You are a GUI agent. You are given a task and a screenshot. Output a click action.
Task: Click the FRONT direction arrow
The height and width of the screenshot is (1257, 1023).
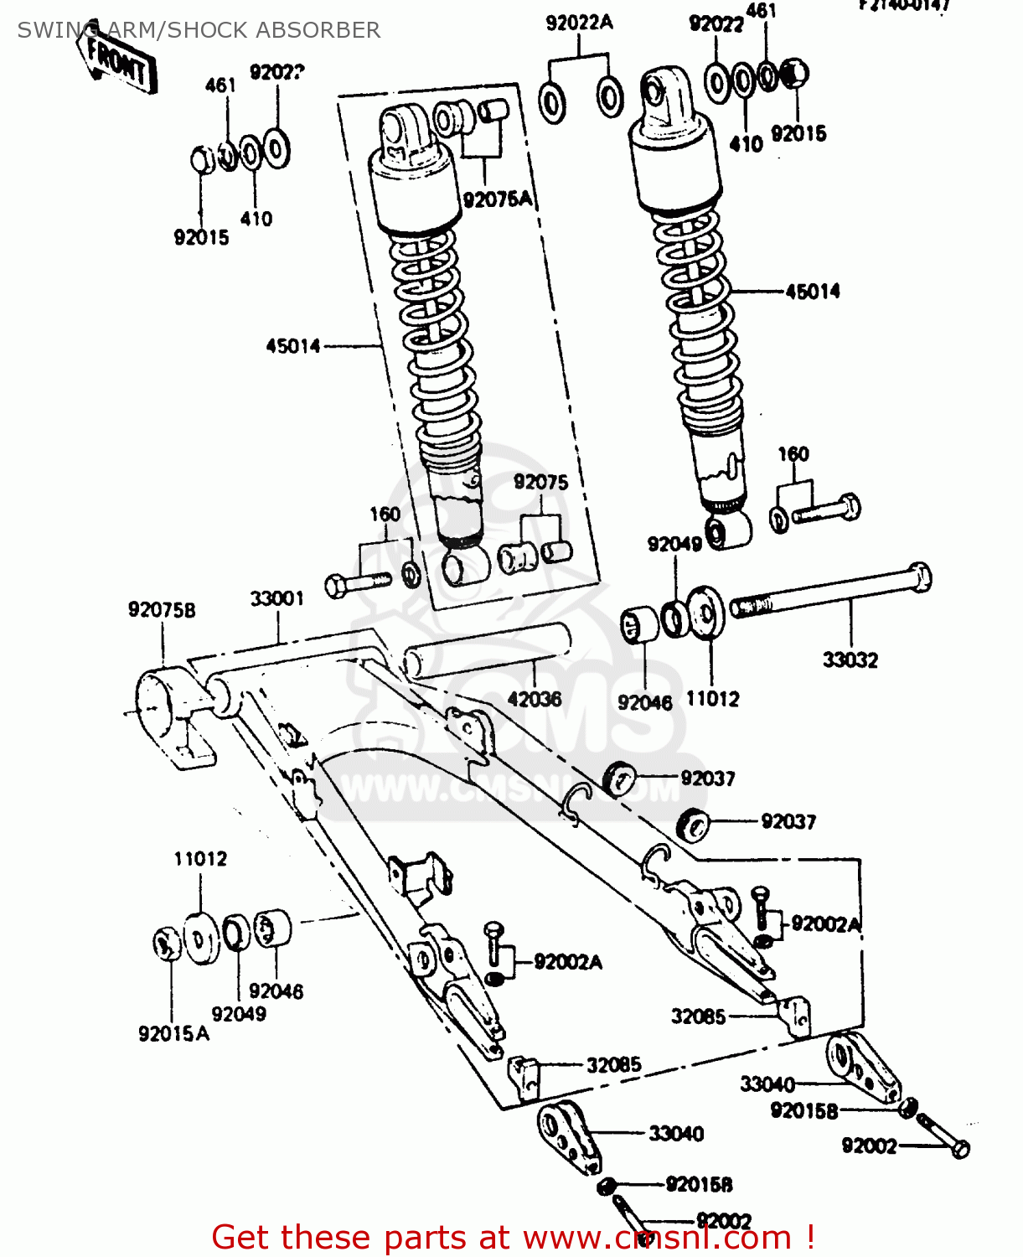tap(118, 62)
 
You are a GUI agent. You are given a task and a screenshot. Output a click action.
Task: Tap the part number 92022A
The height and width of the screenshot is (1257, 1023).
tap(579, 23)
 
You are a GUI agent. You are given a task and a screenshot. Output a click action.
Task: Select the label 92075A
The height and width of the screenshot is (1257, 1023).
tap(498, 199)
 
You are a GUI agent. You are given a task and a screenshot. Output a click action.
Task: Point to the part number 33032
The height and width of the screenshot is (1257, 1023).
tap(850, 660)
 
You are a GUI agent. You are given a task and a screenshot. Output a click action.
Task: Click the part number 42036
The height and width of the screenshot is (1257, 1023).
tap(535, 699)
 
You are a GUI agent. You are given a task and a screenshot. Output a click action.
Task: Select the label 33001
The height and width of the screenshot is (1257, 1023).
tap(277, 598)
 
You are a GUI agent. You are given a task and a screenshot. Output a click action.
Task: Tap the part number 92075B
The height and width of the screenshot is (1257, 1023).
tap(162, 610)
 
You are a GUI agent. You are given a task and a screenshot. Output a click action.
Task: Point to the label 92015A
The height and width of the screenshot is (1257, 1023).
tap(174, 1034)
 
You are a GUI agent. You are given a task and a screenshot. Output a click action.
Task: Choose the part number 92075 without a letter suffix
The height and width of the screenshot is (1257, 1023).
tap(540, 482)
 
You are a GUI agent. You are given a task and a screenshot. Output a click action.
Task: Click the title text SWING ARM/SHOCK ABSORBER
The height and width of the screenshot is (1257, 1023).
tap(199, 30)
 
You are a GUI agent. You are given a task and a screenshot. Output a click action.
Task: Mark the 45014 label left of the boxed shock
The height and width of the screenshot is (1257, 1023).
tap(293, 346)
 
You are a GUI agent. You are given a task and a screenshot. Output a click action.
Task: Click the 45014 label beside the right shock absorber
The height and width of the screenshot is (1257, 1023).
tap(812, 292)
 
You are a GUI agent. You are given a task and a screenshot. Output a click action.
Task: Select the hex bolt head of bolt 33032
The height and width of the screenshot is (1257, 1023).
tap(920, 577)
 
